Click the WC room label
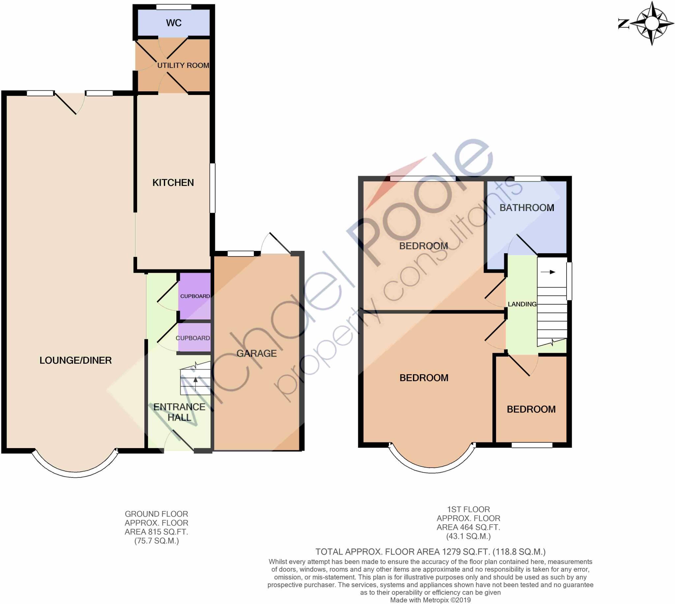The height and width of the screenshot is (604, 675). (173, 23)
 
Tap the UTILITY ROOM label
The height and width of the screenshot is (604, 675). (183, 65)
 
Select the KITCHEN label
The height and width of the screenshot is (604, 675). (173, 183)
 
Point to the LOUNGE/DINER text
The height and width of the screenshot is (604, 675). (75, 360)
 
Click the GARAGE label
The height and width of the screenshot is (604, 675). (256, 353)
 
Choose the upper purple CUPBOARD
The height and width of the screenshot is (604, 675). (195, 296)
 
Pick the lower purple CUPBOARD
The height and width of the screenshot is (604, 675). (193, 338)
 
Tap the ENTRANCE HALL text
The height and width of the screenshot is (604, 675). (179, 412)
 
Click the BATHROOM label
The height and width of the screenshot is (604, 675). (527, 208)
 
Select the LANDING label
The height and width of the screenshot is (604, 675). (522, 304)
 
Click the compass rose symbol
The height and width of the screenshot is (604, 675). (652, 23)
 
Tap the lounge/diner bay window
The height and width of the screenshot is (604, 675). (75, 473)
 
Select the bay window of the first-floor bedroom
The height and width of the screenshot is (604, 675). (432, 468)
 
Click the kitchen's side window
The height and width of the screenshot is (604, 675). (213, 188)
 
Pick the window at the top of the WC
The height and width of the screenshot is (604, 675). (173, 7)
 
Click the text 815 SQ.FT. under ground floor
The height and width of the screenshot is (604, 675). (156, 532)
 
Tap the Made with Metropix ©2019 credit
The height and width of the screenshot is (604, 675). (430, 600)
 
